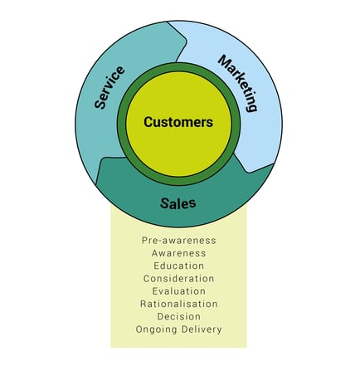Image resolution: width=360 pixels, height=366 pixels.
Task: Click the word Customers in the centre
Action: coord(178,122)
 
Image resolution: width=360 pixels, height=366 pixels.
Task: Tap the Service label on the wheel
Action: coord(109,87)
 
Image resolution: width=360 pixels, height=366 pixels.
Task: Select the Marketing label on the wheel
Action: coord(238,84)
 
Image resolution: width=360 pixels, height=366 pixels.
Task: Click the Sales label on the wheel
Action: coord(178,203)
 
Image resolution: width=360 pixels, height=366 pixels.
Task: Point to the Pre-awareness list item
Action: coord(179,241)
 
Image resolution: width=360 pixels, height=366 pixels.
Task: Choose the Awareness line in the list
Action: coord(179,253)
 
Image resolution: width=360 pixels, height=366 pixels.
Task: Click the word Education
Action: coord(179,266)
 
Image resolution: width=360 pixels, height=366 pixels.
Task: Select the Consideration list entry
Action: coord(179,279)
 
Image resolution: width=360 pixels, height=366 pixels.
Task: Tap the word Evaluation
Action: coord(179,291)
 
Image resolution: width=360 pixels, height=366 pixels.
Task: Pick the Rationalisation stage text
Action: coord(179,304)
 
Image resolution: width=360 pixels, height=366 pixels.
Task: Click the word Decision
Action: coord(179,316)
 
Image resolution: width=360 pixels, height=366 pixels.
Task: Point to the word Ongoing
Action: coord(157,329)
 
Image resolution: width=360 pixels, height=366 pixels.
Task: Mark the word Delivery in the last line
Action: coord(202,329)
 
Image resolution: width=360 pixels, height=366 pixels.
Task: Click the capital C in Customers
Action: coord(148,122)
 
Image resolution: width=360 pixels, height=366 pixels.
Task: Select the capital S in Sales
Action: coord(164,203)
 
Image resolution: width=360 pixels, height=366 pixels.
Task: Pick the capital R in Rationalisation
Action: coord(143,304)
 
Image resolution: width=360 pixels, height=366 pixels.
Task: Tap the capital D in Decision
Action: coord(160,316)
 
